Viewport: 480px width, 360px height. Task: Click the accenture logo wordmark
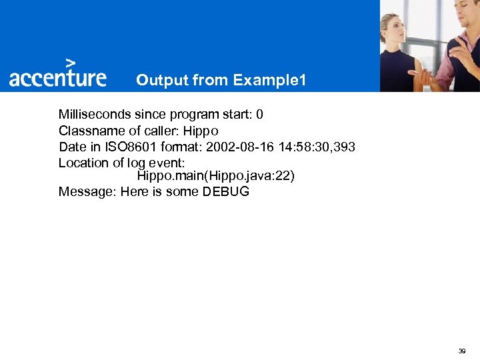(57, 77)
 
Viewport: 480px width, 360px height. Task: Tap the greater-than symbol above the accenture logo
(69, 61)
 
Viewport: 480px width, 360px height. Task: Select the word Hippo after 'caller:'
(201, 131)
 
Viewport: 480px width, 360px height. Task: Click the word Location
(83, 163)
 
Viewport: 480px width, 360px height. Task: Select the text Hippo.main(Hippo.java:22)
(215, 176)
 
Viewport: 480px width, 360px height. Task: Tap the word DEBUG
(226, 192)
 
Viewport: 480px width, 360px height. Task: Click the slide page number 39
(461, 351)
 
